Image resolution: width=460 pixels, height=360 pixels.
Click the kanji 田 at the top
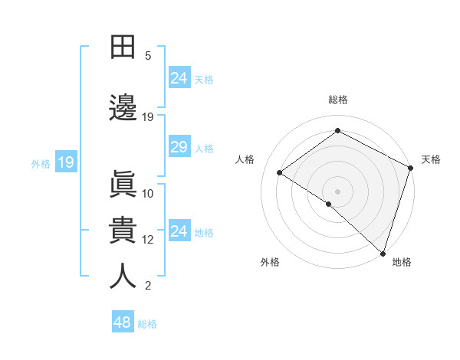point(123,47)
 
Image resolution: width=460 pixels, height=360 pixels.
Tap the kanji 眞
point(123,185)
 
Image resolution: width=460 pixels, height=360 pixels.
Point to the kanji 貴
point(123,230)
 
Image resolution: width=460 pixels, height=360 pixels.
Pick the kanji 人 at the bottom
point(123,276)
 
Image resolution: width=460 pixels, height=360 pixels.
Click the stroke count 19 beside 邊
point(148,116)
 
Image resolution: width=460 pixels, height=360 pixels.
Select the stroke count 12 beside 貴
point(148,239)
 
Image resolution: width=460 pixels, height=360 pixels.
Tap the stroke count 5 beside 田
point(148,55)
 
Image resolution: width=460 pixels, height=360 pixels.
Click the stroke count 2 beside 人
point(148,286)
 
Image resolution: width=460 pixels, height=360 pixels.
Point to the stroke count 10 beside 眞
point(148,193)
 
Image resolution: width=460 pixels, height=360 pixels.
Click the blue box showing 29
point(179,147)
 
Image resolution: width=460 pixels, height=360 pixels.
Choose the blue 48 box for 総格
point(123,322)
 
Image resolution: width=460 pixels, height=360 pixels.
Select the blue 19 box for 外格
point(65,162)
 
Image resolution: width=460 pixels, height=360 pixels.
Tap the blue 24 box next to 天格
point(179,77)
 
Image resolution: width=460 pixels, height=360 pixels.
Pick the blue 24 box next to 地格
point(179,231)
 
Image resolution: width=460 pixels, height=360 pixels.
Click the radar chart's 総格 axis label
point(338,100)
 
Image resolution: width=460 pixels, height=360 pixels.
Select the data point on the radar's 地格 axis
point(383,253)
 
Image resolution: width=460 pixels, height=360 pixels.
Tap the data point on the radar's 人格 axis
point(280,172)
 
